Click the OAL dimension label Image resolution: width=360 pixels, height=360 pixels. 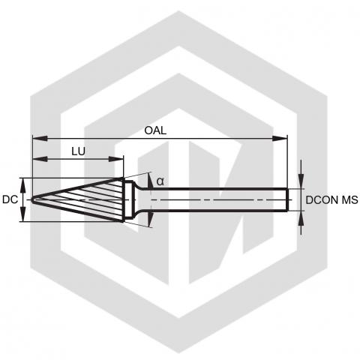tap(155, 130)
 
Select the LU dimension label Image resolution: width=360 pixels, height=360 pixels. tap(78, 151)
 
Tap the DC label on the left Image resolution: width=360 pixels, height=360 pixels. tap(10, 199)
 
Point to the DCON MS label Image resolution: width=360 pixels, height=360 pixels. tap(331, 200)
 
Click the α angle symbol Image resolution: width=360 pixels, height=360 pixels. tap(160, 181)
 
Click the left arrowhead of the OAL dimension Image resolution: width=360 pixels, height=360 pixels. tap(40, 138)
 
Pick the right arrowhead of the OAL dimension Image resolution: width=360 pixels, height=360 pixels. tap(280, 138)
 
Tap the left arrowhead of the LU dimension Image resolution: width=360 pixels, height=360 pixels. tap(40, 159)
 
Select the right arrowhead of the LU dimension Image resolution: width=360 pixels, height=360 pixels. tap(116, 159)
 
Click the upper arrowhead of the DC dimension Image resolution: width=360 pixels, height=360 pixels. tap(22, 185)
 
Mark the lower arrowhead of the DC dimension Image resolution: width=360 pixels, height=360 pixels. tap(22, 214)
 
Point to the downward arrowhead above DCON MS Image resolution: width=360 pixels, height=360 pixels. tap(301, 181)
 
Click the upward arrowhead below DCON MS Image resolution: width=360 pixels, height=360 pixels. tap(301, 218)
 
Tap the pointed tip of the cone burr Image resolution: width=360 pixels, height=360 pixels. tap(32, 200)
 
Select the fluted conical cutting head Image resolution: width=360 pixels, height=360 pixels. tap(78, 199)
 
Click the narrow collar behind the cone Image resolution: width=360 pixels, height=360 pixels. tap(129, 199)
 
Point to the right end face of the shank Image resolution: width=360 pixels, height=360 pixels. tap(287, 200)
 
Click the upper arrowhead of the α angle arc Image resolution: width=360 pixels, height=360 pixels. tap(150, 181)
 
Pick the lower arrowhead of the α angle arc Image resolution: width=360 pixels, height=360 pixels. tap(150, 219)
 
